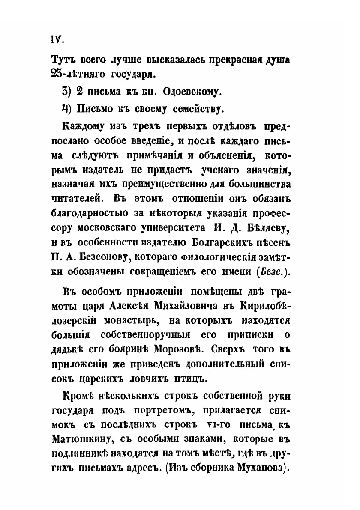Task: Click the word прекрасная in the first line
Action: [x=226, y=60]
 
